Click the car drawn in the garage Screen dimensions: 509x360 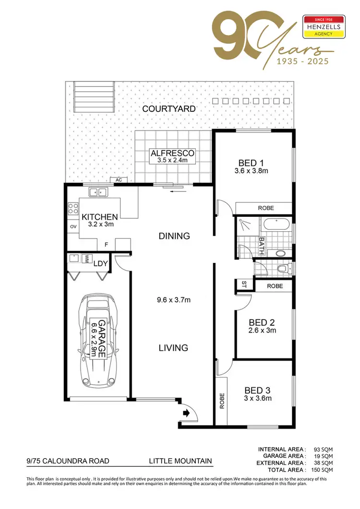(98, 338)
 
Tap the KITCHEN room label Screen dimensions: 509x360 (99, 217)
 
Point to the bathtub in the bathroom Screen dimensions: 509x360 (276, 224)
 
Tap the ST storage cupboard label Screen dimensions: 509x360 (244, 284)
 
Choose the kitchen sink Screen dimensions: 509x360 (99, 192)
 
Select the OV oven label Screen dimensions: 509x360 (73, 226)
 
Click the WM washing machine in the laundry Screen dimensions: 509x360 (88, 259)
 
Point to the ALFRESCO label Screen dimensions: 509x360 (172, 153)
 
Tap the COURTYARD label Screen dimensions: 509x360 (168, 109)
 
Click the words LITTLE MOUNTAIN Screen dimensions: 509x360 (180, 461)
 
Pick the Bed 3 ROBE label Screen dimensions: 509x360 (222, 401)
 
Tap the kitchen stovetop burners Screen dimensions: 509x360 (73, 208)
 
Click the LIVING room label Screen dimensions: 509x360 (173, 347)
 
